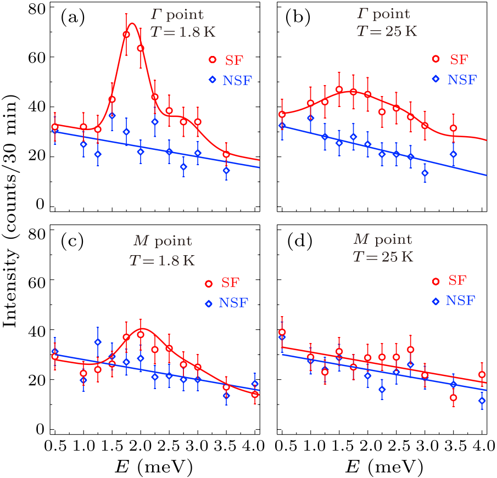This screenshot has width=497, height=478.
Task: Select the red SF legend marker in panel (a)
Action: coord(213,60)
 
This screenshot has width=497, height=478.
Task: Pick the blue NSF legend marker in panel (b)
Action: coord(436,78)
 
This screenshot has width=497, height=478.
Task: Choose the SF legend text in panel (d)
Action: coord(457,282)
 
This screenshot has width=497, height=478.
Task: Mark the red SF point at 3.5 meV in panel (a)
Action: coord(226,154)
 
